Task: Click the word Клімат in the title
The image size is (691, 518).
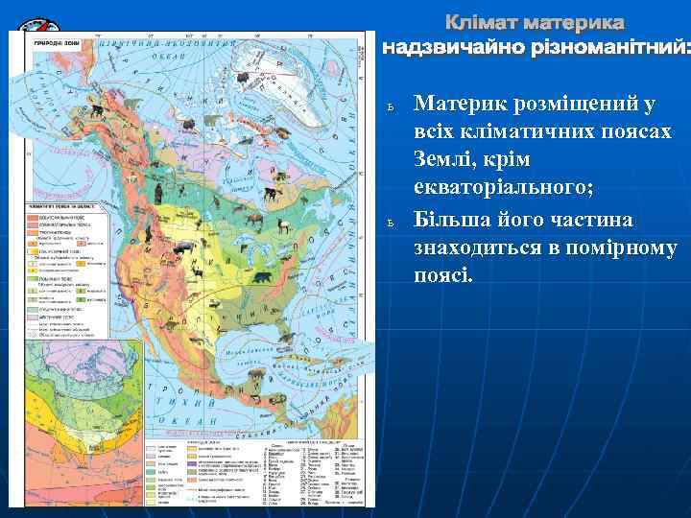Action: tap(487, 22)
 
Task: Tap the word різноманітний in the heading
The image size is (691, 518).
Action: tap(607, 46)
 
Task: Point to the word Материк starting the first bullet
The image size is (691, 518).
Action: tap(462, 103)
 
